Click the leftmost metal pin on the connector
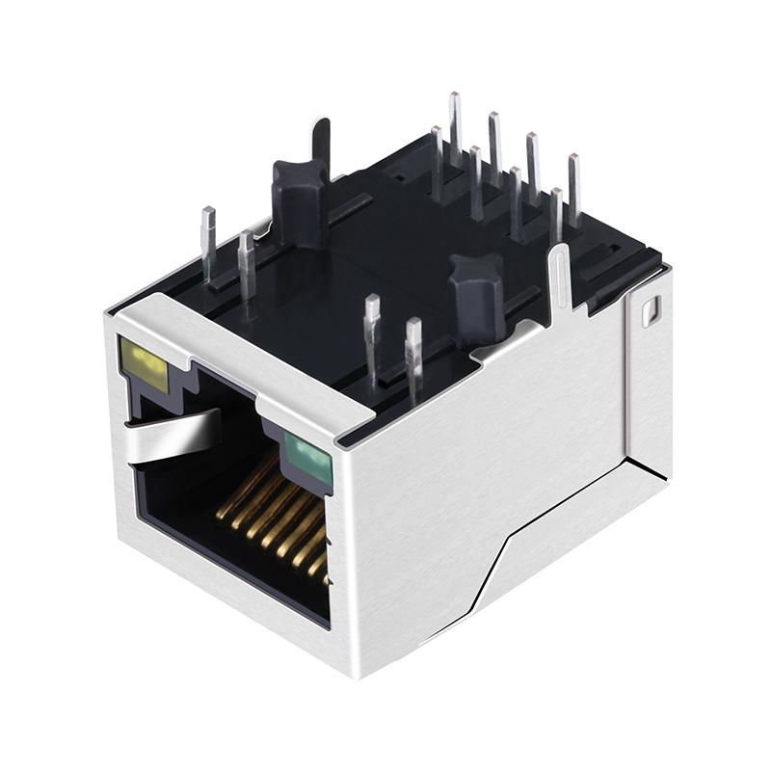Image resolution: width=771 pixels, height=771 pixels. pos(207,246)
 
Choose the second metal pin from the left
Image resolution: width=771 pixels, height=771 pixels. pos(247,265)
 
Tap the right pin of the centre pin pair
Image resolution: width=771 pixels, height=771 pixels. pos(413,357)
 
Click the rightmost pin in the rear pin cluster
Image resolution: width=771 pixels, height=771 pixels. pos(573,188)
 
